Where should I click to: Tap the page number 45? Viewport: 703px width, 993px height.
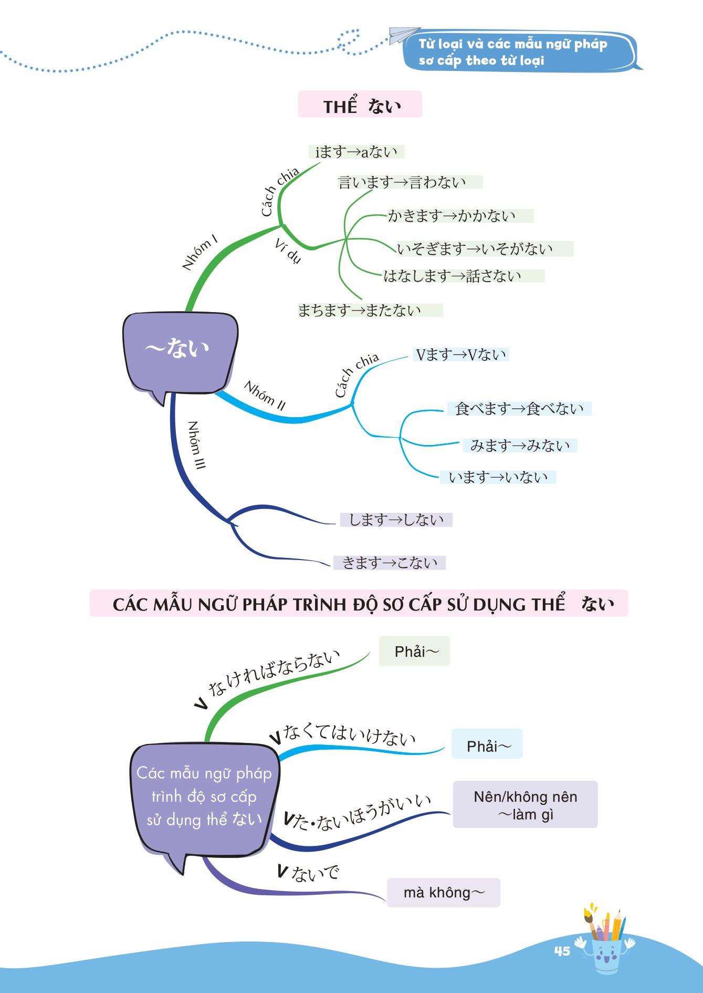coord(562,951)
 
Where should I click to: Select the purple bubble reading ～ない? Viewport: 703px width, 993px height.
coord(179,349)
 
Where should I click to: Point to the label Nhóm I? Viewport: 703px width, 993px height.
coord(200,254)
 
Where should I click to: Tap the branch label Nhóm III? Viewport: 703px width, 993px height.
coord(196,444)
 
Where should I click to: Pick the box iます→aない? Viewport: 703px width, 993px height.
coord(356,152)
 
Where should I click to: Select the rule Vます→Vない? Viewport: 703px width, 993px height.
coord(461,355)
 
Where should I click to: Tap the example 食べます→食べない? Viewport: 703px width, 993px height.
coord(519,409)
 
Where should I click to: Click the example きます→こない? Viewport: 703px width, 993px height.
coord(390,563)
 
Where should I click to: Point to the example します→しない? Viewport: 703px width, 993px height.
coord(396,520)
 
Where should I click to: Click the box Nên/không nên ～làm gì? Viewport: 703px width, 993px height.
coord(525,805)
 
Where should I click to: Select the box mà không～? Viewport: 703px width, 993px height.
coord(444,892)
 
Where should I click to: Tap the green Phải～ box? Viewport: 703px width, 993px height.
coord(415,651)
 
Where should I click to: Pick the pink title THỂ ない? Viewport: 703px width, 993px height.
coord(360,105)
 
